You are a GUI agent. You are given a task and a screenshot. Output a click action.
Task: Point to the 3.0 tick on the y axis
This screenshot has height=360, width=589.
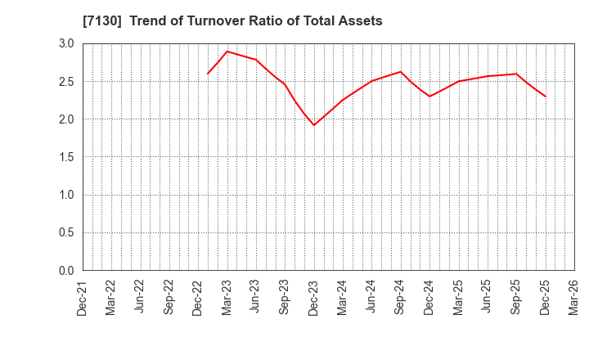click(66, 43)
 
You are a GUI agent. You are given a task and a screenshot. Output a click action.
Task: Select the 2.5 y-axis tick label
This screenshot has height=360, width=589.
click(66, 81)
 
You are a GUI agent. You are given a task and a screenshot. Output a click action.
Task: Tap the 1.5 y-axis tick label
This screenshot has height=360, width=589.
click(66, 157)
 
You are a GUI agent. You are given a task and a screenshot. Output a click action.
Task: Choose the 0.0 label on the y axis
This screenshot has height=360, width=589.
click(66, 271)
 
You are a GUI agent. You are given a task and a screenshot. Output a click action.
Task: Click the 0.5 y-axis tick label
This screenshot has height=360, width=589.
click(66, 232)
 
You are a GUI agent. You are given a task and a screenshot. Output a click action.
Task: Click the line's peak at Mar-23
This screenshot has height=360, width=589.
click(227, 52)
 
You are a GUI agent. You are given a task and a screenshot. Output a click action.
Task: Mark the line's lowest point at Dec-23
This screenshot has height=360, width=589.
click(314, 125)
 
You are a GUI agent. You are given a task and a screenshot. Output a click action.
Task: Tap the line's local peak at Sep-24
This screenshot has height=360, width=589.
click(401, 72)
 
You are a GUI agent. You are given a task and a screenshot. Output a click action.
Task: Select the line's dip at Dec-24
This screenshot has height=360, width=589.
click(429, 97)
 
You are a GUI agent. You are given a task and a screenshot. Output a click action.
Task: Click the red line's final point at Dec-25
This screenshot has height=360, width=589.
click(546, 97)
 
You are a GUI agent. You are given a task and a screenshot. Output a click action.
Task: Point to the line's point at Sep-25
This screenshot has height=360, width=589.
click(516, 74)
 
